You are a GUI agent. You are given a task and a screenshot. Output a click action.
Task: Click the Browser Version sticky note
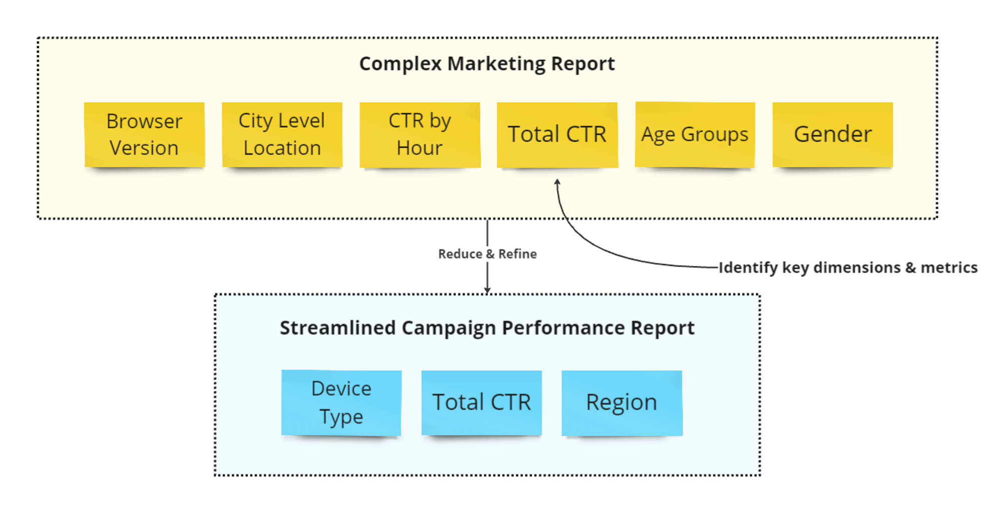(x=144, y=135)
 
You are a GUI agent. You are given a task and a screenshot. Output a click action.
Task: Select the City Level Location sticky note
(x=282, y=135)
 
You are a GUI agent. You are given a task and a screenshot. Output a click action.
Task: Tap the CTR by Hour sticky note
(x=420, y=135)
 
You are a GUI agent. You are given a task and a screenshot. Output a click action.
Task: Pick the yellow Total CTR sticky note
(x=557, y=135)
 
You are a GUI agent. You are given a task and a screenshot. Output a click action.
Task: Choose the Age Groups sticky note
(x=695, y=135)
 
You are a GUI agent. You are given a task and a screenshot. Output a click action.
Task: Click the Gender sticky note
(x=833, y=135)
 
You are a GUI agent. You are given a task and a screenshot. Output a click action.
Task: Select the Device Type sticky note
(x=341, y=403)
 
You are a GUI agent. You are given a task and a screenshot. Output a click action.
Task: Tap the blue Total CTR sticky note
(x=481, y=403)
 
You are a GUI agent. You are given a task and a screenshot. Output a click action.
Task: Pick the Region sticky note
(x=622, y=403)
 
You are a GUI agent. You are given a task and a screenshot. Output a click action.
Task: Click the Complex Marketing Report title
(x=487, y=64)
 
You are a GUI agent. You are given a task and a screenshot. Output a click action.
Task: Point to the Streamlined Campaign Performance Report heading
(x=487, y=328)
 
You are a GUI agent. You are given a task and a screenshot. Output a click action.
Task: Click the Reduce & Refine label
(x=487, y=254)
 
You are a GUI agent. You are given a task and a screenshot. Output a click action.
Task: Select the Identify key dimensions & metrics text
(x=848, y=268)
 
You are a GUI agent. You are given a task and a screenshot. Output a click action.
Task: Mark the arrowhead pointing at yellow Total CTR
(x=557, y=182)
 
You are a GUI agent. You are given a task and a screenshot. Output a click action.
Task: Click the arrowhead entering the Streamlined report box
(x=487, y=291)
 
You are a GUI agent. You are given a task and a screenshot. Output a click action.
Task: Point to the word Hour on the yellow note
(x=419, y=148)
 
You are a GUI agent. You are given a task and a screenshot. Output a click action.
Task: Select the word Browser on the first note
(x=144, y=122)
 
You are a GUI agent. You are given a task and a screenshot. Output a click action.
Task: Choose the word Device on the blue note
(x=341, y=389)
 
